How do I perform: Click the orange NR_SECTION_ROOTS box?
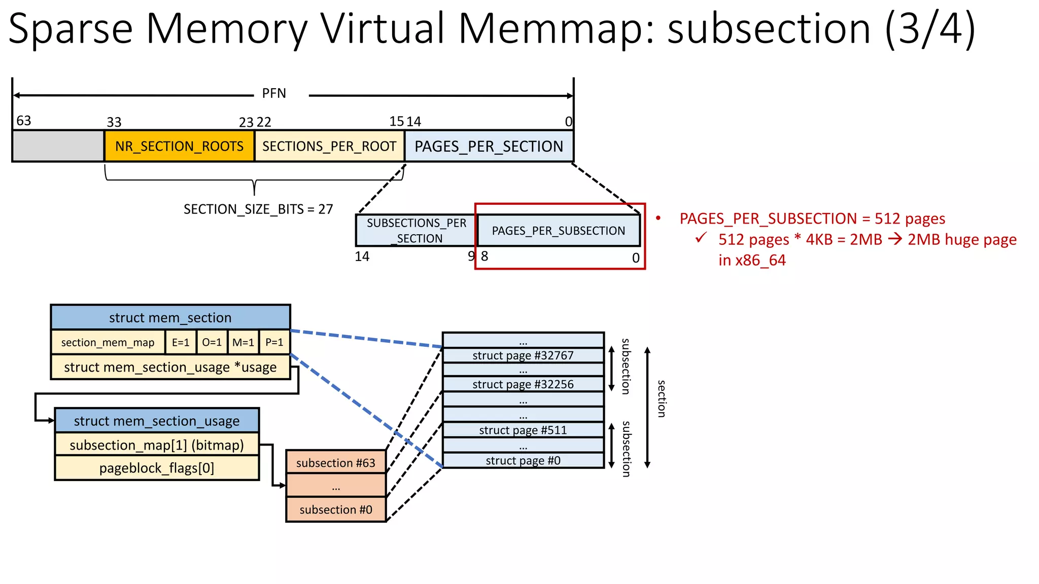(x=179, y=146)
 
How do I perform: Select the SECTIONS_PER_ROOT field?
(x=329, y=146)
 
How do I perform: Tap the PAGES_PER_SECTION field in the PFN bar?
(x=489, y=146)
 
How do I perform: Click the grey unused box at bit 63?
(x=58, y=146)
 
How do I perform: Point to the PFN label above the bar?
(x=274, y=94)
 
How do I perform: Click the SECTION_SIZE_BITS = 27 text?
(x=258, y=209)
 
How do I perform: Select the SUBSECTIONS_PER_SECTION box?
(x=417, y=231)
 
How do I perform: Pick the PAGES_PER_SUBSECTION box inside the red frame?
(x=559, y=231)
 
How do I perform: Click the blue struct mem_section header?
(x=170, y=318)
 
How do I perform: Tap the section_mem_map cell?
(x=108, y=342)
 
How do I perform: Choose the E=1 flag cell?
(x=181, y=342)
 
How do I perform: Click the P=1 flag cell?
(x=274, y=342)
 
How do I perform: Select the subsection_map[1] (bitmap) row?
(x=157, y=445)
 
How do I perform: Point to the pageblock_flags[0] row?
(x=157, y=468)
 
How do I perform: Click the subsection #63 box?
(x=336, y=462)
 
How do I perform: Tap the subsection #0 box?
(x=336, y=509)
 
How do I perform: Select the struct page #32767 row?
(x=523, y=355)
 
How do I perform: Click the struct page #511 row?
(x=523, y=430)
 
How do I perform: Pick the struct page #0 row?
(x=523, y=460)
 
